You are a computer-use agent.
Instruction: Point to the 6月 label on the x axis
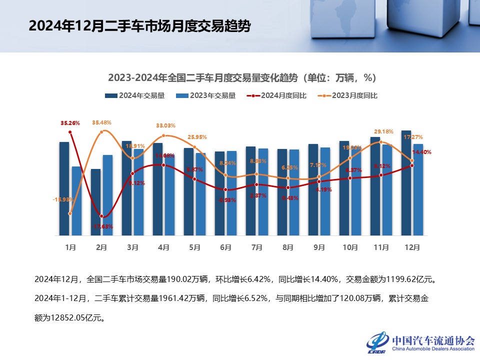[225, 247]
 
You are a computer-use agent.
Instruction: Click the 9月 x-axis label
[319, 247]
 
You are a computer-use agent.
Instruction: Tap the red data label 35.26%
[70, 122]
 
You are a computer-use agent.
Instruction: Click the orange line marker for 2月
[101, 132]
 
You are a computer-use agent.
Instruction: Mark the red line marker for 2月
[101, 216]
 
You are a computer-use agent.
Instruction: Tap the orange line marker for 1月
[70, 213]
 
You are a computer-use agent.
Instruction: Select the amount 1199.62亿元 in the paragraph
[407, 278]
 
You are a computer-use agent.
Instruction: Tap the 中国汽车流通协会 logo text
[433, 340]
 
